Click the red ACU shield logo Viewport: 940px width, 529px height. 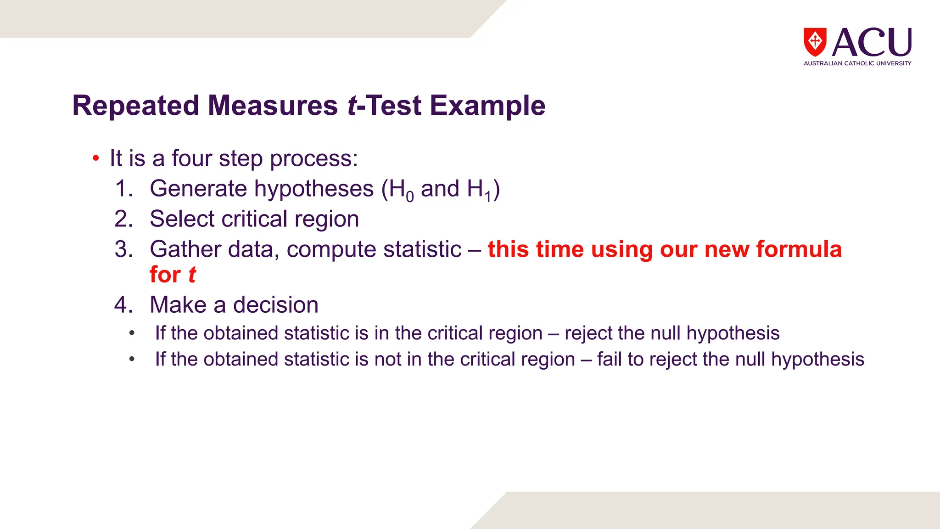pos(815,42)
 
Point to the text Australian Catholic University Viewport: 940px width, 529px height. pos(857,63)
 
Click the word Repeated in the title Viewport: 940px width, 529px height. pos(136,106)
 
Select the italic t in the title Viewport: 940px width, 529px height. pos(352,106)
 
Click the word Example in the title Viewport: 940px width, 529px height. pos(487,106)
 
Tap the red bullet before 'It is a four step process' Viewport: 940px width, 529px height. pos(95,159)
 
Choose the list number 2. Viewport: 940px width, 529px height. pos(123,219)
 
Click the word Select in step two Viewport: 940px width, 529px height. pos(182,219)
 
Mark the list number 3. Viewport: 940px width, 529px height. pos(123,249)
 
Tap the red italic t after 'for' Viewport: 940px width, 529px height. pos(192,275)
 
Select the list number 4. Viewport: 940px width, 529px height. pos(123,305)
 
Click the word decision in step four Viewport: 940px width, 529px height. pos(275,305)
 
